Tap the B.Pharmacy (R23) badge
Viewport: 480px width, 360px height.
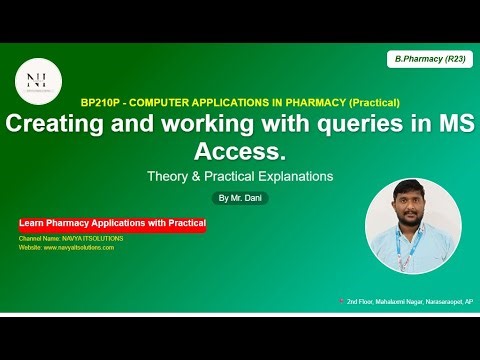pyautogui.click(x=429, y=60)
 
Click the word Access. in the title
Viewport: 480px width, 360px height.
pyautogui.click(x=240, y=153)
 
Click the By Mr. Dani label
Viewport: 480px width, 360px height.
pyautogui.click(x=240, y=198)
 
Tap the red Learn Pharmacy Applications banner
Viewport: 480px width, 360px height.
pyautogui.click(x=112, y=224)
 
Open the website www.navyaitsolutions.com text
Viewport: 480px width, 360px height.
pyautogui.click(x=66, y=247)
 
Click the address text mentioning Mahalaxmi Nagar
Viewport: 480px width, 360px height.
pyautogui.click(x=411, y=301)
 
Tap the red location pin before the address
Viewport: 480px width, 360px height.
pyautogui.click(x=342, y=301)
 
